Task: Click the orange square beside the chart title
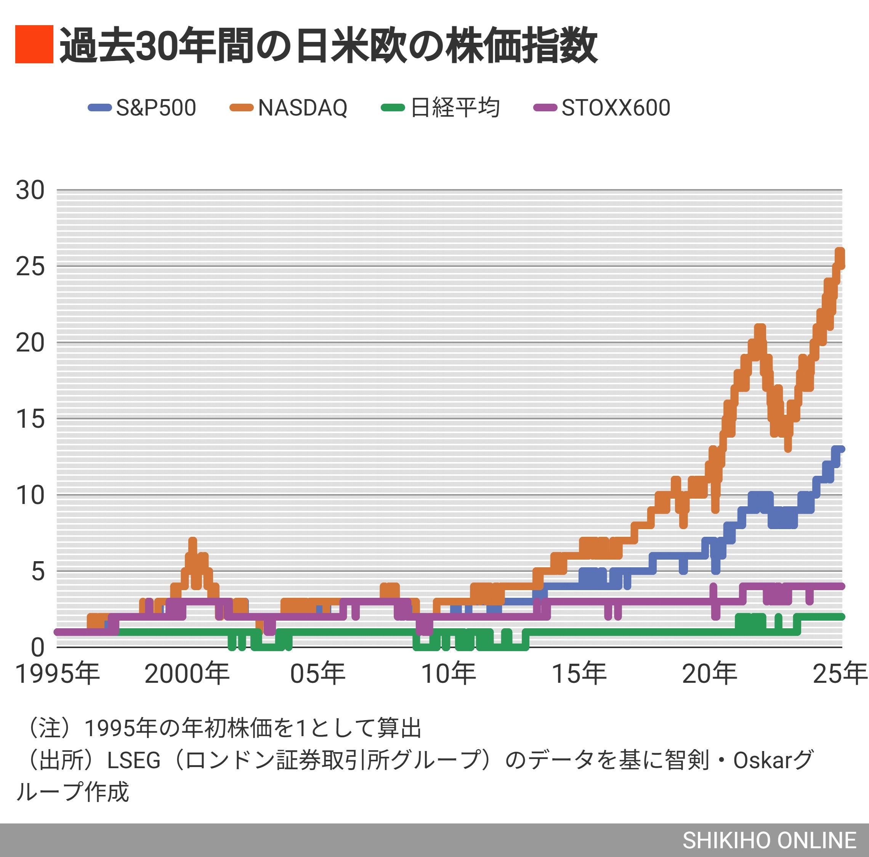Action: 34,44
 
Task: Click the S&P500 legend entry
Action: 143,108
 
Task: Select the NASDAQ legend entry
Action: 289,108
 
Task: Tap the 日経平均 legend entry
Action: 441,108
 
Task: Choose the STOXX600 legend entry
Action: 602,108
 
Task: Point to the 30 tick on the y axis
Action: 30,190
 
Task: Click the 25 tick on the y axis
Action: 30,267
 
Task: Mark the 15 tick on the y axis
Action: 30,419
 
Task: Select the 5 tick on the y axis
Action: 38,572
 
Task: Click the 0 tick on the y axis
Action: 38,648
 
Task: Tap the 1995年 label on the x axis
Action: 58,674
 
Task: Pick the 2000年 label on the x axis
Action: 187,674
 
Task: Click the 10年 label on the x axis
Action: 449,674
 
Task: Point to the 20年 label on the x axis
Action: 710,674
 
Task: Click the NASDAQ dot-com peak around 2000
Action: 192,541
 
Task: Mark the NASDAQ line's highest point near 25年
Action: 840,252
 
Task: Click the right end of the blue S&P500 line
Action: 841,449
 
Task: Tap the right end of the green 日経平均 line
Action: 841,617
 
